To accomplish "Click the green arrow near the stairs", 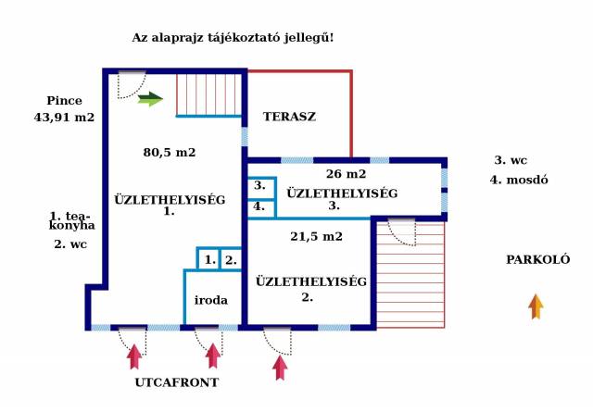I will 150,99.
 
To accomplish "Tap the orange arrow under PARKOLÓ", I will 536,306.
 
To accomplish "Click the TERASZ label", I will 289,117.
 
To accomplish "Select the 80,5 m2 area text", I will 169,152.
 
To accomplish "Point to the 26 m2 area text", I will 346,173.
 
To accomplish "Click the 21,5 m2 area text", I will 317,236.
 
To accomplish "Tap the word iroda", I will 211,300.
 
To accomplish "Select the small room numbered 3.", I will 259,185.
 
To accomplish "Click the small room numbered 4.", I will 259,206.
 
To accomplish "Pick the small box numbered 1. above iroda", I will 210,260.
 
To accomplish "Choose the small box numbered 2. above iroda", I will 231,260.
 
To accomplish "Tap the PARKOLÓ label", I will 537,259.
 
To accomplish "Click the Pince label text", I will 64,100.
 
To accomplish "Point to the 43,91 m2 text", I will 64,118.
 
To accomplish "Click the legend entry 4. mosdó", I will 519,179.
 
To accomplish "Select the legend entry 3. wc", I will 511,159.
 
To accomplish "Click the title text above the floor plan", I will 233,38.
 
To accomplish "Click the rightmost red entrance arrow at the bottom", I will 280,367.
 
